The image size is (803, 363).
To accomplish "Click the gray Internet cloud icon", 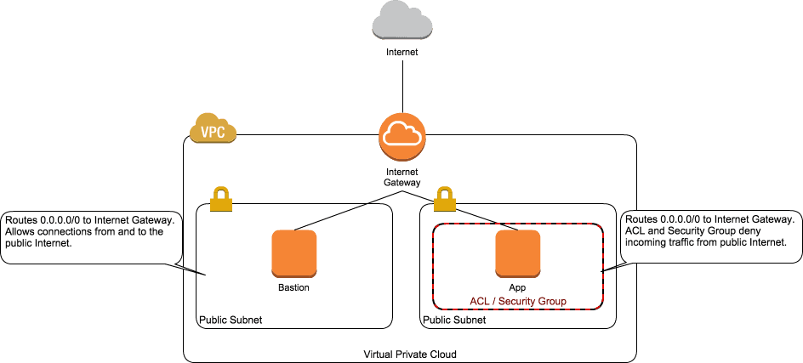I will (x=402, y=20).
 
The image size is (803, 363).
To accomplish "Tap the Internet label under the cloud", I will (x=402, y=52).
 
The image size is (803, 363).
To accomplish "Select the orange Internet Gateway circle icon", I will (x=402, y=136).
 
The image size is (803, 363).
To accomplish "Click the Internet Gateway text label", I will (x=402, y=177).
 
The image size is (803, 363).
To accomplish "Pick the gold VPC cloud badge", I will (x=212, y=130).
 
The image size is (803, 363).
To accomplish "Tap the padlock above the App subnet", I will (x=444, y=199).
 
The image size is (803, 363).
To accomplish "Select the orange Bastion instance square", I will (x=293, y=252).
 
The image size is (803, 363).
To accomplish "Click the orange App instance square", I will (x=518, y=252).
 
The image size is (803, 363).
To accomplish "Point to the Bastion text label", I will (x=293, y=287).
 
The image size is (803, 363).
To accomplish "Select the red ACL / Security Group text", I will (x=518, y=301).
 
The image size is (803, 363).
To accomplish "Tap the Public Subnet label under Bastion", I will (x=231, y=320).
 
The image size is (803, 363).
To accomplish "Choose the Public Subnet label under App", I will (x=454, y=320).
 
